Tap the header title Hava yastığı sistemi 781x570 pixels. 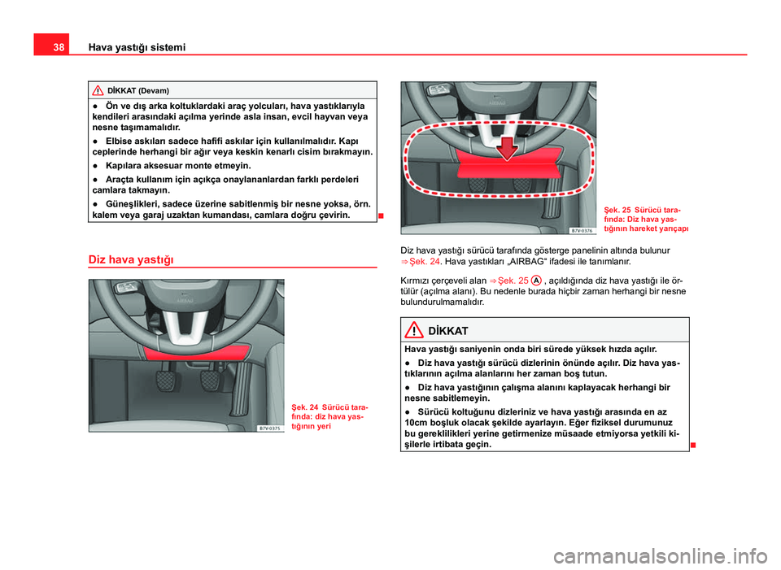(127, 48)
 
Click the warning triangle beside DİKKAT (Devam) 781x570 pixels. (98, 89)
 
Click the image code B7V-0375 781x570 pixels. (271, 428)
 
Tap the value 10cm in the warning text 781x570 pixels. (415, 424)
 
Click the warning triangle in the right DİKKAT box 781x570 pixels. (417, 331)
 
